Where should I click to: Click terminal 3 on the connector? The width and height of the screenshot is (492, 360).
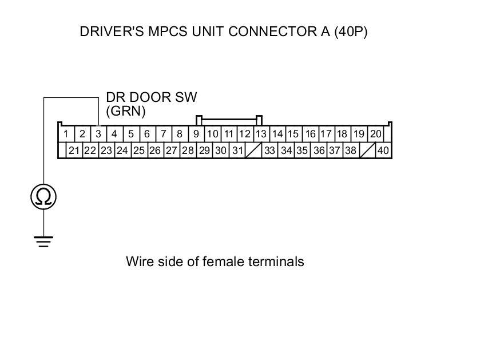coord(98,134)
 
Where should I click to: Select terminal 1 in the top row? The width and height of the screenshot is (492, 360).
coord(66,134)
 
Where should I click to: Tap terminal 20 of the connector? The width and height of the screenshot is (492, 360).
coord(375,134)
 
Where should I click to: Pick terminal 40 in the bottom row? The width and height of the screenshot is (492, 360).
coord(383,151)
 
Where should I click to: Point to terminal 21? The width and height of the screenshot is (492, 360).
coord(74,151)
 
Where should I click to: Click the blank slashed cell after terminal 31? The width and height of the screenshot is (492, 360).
coord(253,151)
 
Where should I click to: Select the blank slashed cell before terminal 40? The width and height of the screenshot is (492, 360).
coord(367,151)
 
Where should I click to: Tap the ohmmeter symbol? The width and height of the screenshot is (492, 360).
coord(44,197)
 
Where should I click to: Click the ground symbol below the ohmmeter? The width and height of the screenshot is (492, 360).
coord(44,240)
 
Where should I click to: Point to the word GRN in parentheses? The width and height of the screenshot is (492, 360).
coord(126,110)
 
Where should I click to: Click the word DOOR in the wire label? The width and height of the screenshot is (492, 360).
coord(146,97)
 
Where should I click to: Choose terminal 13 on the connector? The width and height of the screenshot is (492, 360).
coord(261,134)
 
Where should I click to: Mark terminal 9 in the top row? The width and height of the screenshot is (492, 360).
coord(196,134)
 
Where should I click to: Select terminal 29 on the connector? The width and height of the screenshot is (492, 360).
coord(204,151)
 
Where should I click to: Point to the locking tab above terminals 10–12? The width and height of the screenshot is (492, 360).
coord(229,120)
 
